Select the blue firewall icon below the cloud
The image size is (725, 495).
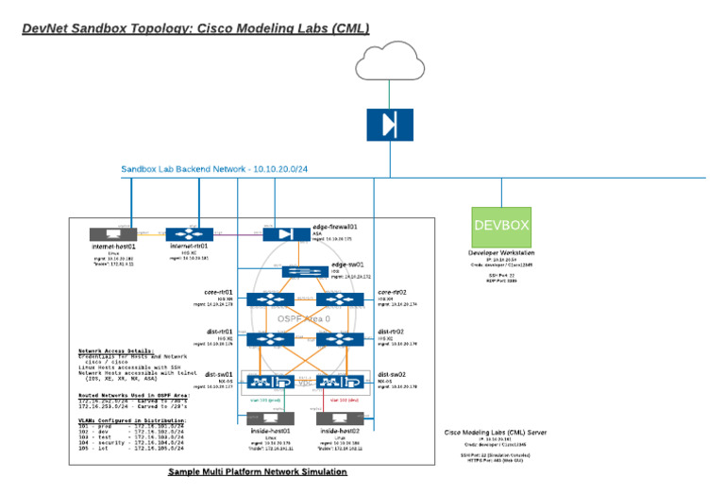point(389,126)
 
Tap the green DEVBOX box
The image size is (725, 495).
point(501,227)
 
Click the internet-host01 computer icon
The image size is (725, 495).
point(112,233)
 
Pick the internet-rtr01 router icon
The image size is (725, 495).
point(194,233)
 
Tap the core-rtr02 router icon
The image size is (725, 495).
point(339,299)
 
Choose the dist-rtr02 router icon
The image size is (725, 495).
point(339,339)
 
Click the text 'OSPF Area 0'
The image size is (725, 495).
point(304,319)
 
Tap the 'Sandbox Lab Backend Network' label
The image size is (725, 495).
point(185,169)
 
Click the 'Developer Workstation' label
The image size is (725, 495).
point(501,253)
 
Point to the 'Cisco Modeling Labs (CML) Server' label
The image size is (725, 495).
point(495,433)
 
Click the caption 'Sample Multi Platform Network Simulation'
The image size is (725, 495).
point(257,471)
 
